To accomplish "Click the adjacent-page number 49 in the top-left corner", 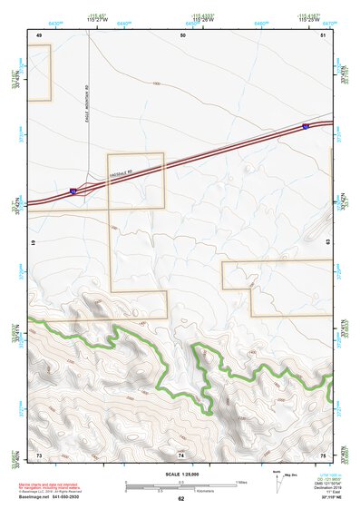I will click(x=39, y=34).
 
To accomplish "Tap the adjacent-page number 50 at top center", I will click(x=182, y=34).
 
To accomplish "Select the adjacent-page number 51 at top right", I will click(x=324, y=34).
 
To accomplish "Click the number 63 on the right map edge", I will click(x=326, y=244).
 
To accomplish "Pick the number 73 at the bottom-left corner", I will click(x=39, y=453).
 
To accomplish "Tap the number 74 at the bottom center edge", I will click(x=181, y=453).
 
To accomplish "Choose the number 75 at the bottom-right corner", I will click(x=324, y=453).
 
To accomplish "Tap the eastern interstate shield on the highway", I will click(x=306, y=125).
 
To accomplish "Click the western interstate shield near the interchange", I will click(x=72, y=191).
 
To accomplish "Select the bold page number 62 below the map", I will click(x=180, y=499).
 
